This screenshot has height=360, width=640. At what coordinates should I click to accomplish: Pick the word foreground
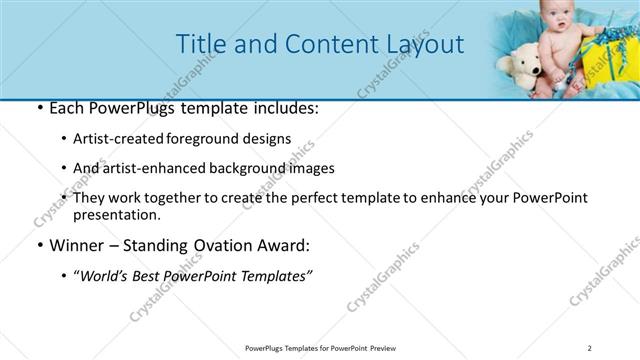[211, 139]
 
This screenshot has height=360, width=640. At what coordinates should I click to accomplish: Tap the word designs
[269, 139]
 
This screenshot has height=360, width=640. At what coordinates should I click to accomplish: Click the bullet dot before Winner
[39, 245]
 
